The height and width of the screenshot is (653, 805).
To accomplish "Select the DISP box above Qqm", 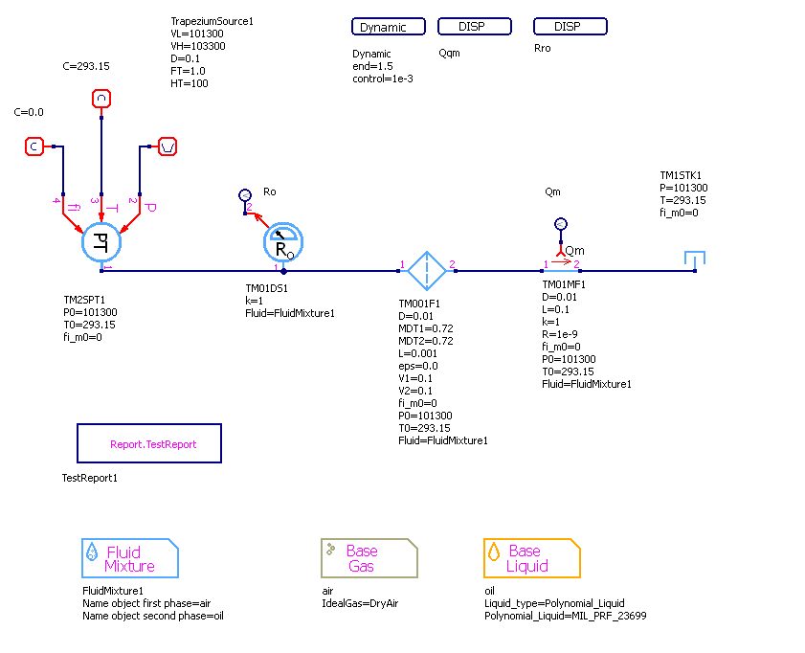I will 474,27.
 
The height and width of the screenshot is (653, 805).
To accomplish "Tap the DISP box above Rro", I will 570,27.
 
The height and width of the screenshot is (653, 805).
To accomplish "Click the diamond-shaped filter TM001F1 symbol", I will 426,271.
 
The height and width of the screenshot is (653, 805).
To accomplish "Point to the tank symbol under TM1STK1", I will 695,260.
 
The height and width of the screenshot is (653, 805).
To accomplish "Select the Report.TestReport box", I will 149,444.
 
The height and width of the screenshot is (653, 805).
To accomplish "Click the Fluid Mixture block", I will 130,558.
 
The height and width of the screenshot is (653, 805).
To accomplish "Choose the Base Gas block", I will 369,558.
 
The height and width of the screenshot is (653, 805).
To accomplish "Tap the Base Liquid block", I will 532,558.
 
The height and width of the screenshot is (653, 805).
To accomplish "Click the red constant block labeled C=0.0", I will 34,146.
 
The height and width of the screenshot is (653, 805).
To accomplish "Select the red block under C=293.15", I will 101,98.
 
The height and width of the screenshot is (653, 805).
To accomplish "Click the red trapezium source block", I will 168,146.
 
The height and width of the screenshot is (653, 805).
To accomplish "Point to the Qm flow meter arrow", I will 562,259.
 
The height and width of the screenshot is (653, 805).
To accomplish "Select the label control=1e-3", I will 383,79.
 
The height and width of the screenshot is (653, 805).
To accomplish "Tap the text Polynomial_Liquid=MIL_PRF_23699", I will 566,616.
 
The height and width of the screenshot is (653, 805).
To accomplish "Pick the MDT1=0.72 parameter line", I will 426,328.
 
